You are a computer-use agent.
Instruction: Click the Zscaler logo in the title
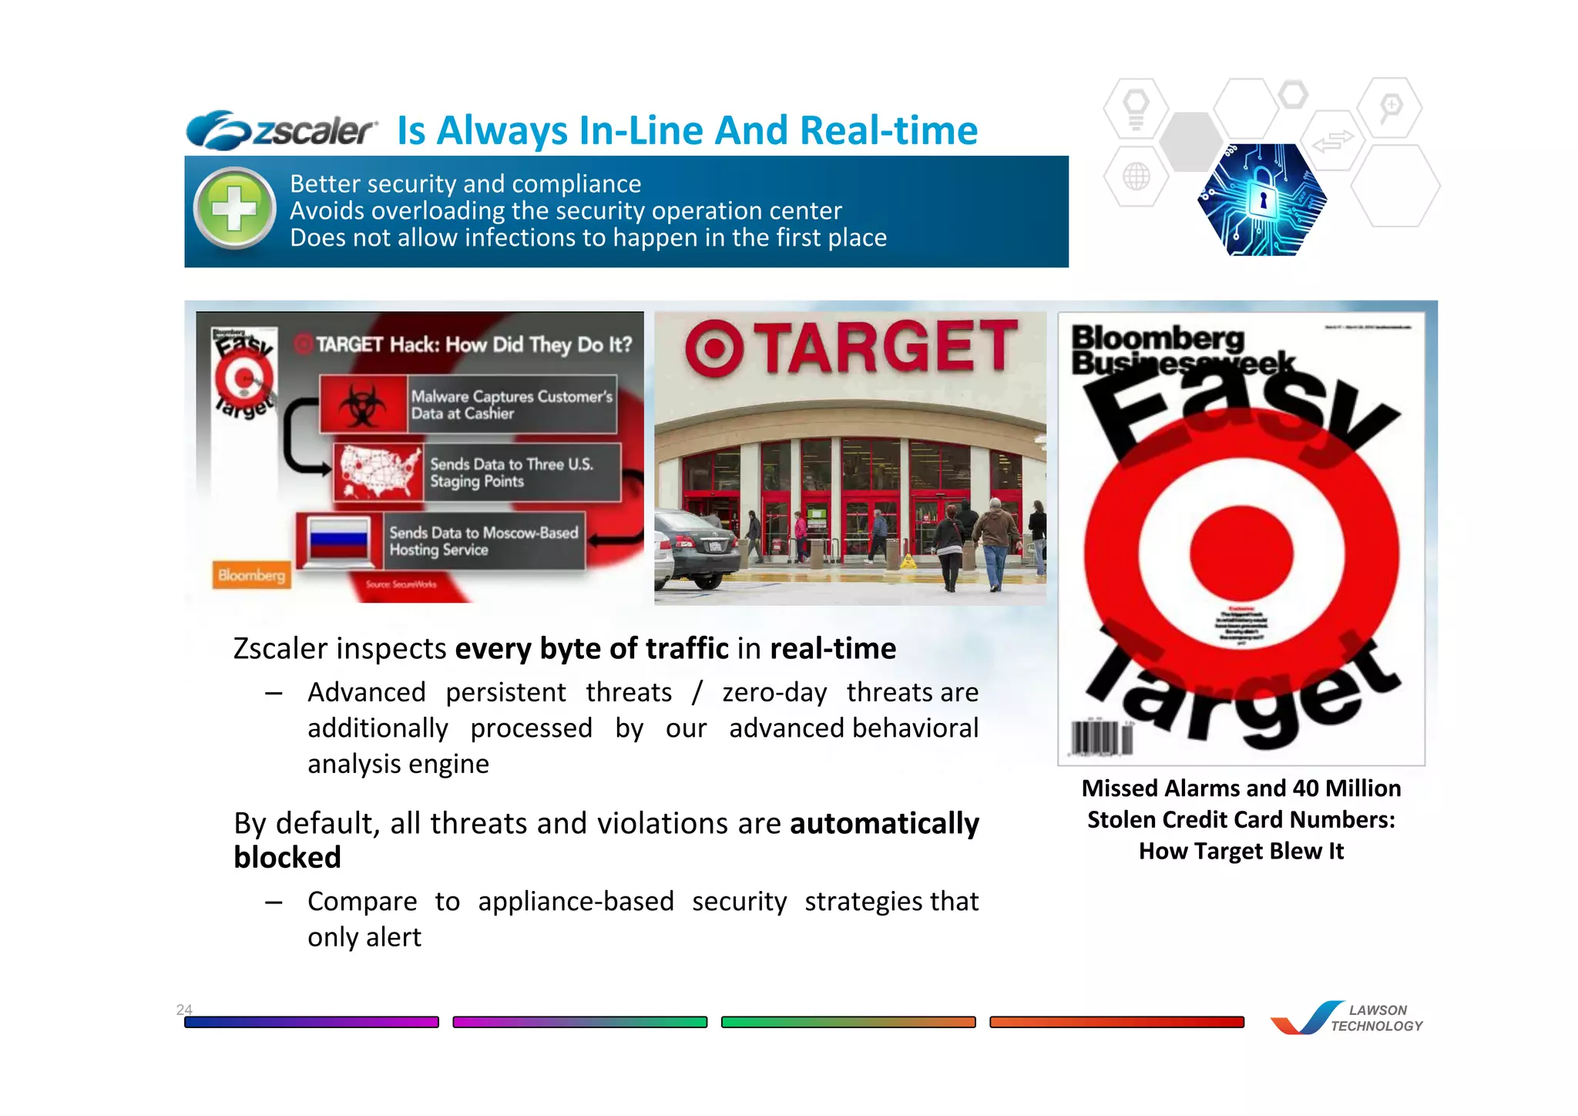(x=281, y=130)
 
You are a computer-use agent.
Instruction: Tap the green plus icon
(x=235, y=209)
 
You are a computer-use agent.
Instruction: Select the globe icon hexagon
(x=1136, y=176)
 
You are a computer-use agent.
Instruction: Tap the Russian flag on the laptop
(x=338, y=538)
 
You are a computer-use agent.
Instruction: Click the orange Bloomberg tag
(x=251, y=575)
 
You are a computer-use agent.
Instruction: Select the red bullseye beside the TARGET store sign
(x=714, y=348)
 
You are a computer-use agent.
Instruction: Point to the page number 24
(x=184, y=1010)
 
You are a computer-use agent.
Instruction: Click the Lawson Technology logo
(x=1347, y=1018)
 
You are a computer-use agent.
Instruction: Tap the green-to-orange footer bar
(x=848, y=1022)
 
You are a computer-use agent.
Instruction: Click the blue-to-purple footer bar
(x=311, y=1022)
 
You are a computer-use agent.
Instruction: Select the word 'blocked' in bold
(x=287, y=858)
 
